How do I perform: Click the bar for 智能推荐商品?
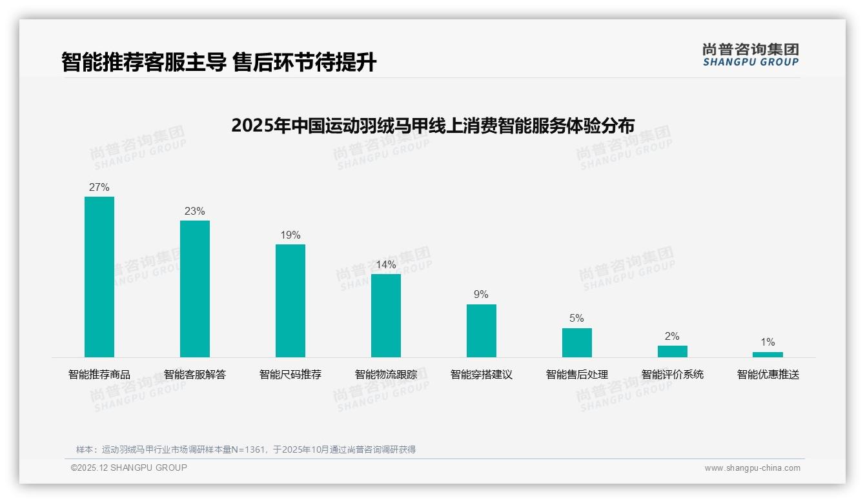[99, 277]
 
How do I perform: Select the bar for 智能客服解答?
[195, 289]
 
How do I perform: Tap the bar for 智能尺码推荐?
[290, 301]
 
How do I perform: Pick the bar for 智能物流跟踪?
[386, 315]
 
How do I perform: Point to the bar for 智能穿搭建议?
[482, 331]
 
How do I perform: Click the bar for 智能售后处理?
[577, 342]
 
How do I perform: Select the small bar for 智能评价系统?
[673, 351]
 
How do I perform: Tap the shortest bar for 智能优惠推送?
[768, 355]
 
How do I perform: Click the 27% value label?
[99, 188]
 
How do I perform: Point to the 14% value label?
[386, 265]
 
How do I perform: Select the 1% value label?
[768, 342]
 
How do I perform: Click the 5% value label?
[577, 319]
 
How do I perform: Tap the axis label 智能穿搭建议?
[482, 375]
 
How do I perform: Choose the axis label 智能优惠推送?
[768, 375]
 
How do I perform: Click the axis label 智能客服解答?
[195, 375]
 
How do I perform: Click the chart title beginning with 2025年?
[432, 125]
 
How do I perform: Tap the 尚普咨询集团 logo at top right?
[751, 55]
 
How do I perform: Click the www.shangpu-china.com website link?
[752, 468]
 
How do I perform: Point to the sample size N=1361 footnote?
[246, 449]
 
